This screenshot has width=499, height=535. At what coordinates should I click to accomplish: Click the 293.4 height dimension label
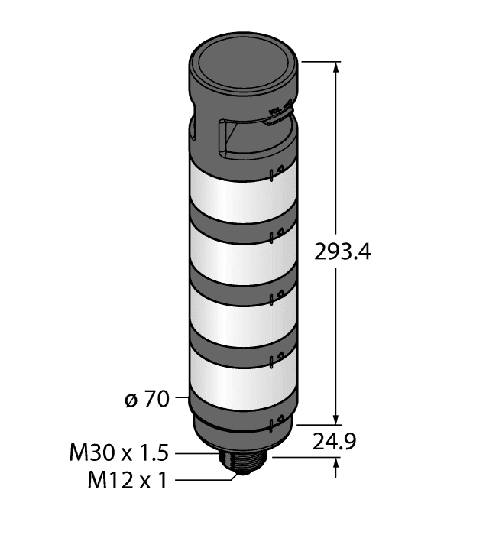coord(342,251)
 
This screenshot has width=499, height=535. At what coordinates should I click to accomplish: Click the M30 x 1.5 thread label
coord(118,453)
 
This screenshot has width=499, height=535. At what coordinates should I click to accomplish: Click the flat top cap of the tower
coord(241,63)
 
